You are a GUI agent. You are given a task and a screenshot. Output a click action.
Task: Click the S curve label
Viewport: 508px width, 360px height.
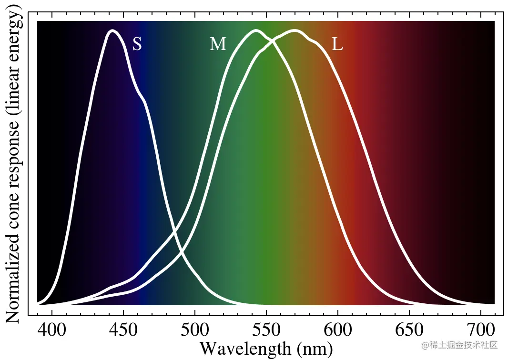pyautogui.click(x=137, y=44)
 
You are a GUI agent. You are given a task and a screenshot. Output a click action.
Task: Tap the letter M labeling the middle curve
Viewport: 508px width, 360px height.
pyautogui.click(x=218, y=44)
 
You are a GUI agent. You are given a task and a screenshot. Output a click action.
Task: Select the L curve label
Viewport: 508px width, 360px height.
pyautogui.click(x=337, y=45)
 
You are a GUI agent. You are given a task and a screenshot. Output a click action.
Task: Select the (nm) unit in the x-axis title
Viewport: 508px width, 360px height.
pyautogui.click(x=315, y=350)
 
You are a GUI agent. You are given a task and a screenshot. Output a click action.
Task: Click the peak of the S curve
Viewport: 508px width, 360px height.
pyautogui.click(x=113, y=31)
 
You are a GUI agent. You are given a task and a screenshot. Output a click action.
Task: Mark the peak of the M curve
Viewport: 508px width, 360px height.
pyautogui.click(x=256, y=31)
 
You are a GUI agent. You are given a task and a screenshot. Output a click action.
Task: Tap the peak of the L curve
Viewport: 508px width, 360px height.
pyautogui.click(x=295, y=31)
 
